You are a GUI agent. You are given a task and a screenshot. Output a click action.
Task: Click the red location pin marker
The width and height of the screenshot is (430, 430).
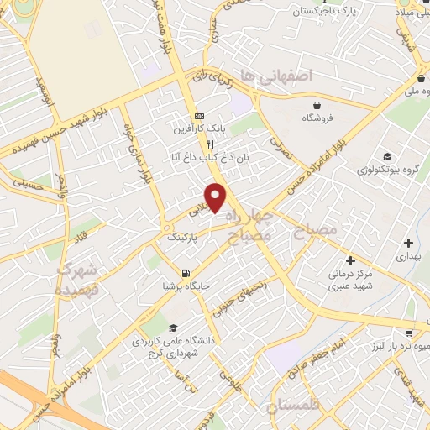pos(217,198)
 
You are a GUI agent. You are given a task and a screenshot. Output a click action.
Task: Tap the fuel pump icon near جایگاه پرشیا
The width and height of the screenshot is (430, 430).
pos(186,272)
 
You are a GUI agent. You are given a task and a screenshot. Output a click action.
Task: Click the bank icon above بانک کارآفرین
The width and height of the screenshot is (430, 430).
pos(199,116)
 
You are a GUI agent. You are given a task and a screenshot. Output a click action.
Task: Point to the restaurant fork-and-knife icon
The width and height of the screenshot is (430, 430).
pos(199,144)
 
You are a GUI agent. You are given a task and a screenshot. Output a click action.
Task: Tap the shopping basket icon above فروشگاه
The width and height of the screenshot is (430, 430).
pos(317,105)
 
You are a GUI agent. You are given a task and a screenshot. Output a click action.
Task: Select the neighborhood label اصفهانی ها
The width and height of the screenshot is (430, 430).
pos(275,76)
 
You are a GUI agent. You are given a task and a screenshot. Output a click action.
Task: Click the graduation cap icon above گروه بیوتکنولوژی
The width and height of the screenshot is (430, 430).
pos(387,156)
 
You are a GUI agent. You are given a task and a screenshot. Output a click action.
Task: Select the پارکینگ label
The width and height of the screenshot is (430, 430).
pos(184,239)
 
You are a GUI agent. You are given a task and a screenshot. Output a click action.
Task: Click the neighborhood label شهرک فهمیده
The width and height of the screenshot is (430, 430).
pos(77,281)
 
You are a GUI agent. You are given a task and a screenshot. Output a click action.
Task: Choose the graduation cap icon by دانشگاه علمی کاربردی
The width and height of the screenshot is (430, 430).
pos(172,328)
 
